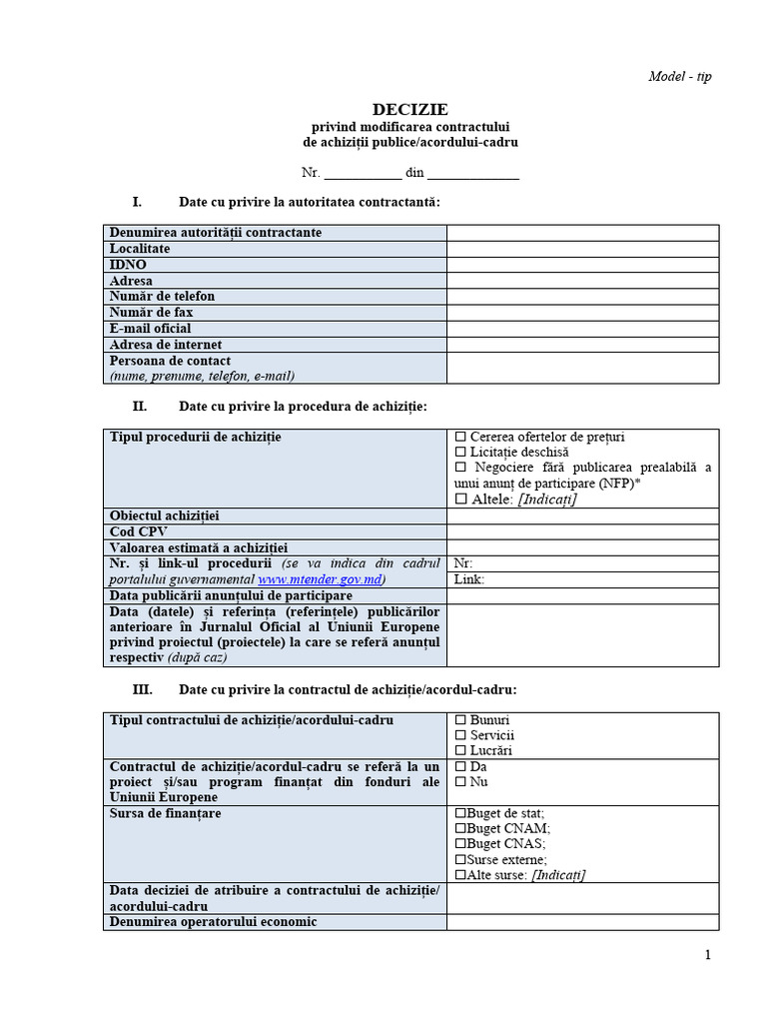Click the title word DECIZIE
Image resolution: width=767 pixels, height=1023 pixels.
pyautogui.click(x=410, y=109)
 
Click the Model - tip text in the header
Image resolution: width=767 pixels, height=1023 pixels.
pyautogui.click(x=680, y=77)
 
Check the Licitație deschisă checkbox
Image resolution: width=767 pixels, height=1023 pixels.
pyautogui.click(x=460, y=453)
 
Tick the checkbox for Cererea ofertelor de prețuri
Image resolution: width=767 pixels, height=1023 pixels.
pyautogui.click(x=460, y=438)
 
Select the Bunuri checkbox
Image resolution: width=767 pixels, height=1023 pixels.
pyautogui.click(x=460, y=720)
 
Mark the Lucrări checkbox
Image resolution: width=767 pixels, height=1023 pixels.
pyautogui.click(x=460, y=751)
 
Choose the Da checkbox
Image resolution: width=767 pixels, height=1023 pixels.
pyautogui.click(x=460, y=767)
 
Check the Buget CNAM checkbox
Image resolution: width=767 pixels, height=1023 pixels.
pyautogui.click(x=460, y=828)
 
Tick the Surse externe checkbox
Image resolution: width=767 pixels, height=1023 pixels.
pyautogui.click(x=460, y=859)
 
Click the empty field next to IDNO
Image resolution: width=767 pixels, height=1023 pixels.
pyautogui.click(x=582, y=265)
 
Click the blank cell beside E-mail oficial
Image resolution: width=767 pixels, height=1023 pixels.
pyautogui.click(x=582, y=329)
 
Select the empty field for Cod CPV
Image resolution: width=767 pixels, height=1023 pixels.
pyautogui.click(x=582, y=531)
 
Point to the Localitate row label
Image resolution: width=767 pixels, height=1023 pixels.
pyautogui.click(x=140, y=249)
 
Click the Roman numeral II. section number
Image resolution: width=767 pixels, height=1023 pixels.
pyautogui.click(x=140, y=407)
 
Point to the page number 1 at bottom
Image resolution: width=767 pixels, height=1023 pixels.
pyautogui.click(x=708, y=955)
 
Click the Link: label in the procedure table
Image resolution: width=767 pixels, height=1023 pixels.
pyautogui.click(x=469, y=579)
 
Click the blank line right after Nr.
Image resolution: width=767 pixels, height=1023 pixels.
pyautogui.click(x=363, y=173)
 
